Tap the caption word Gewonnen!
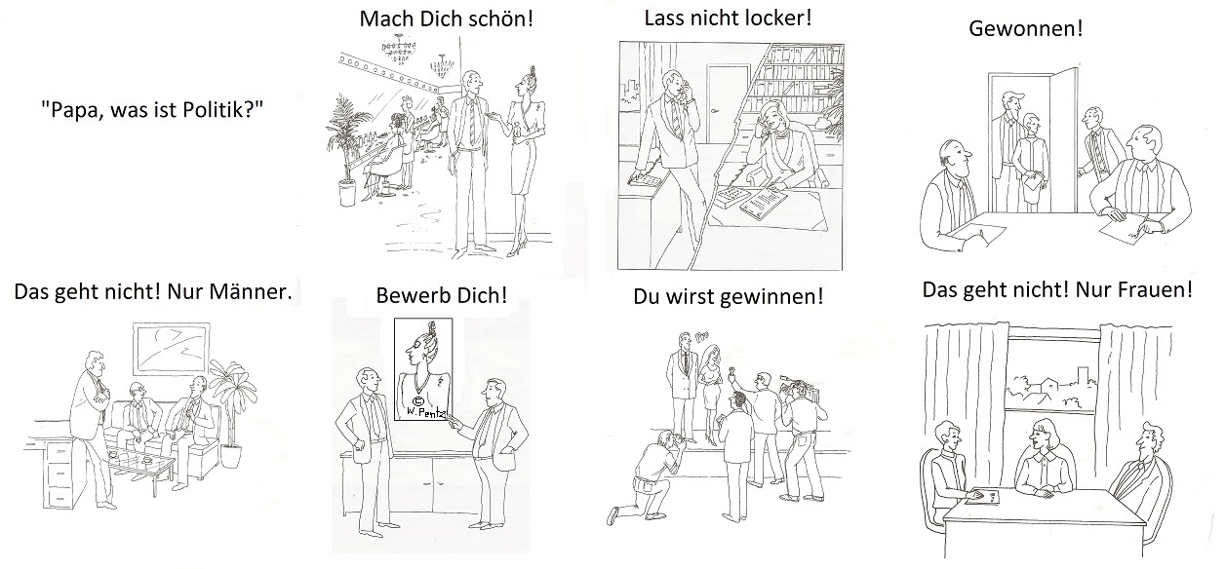[1025, 29]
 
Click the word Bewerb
[408, 295]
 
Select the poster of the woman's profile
[423, 369]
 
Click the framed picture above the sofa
[172, 348]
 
